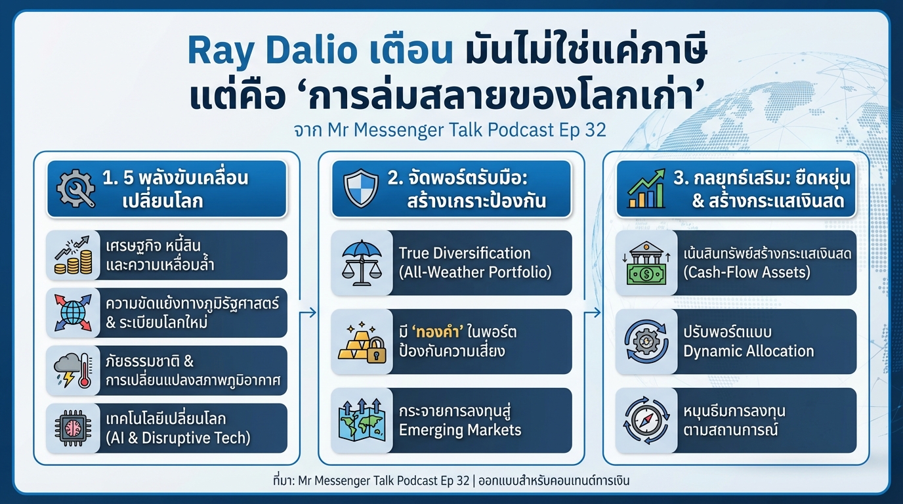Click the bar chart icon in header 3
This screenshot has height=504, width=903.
click(646, 189)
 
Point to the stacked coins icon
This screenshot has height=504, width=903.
click(72, 256)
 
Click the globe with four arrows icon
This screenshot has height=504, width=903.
click(72, 313)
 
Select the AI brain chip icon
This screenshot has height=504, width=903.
click(72, 429)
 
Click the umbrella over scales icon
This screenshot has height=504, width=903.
click(361, 262)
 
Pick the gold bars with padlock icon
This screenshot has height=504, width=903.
click(361, 342)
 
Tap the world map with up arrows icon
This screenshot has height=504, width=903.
click(361, 421)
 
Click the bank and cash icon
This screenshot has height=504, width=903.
click(646, 262)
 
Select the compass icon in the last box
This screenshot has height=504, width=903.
click(646, 421)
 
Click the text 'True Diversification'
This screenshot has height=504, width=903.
click(465, 253)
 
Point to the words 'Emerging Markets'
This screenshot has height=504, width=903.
click(459, 430)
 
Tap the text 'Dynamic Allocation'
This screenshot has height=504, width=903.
click(748, 351)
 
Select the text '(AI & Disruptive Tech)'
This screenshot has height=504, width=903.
click(178, 438)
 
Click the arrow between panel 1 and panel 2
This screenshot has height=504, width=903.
click(308, 314)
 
